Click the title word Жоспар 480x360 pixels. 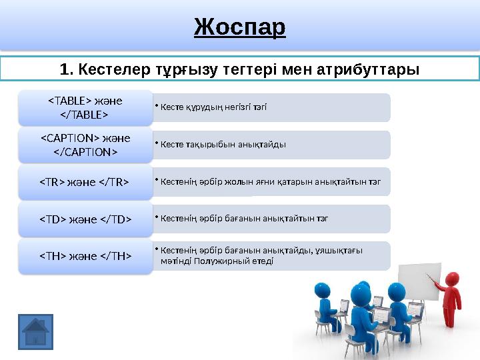click(240, 27)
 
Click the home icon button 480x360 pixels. click(35, 332)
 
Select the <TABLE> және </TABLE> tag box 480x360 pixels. click(85, 107)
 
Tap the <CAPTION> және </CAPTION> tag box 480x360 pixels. click(85, 145)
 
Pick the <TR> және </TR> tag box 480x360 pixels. click(85, 182)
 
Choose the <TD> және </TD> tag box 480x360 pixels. click(85, 219)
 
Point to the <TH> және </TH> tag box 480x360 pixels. click(85, 255)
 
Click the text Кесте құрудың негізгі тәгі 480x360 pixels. click(213, 107)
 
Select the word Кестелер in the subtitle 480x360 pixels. click(113, 69)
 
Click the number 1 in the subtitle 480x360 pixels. click(64, 69)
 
